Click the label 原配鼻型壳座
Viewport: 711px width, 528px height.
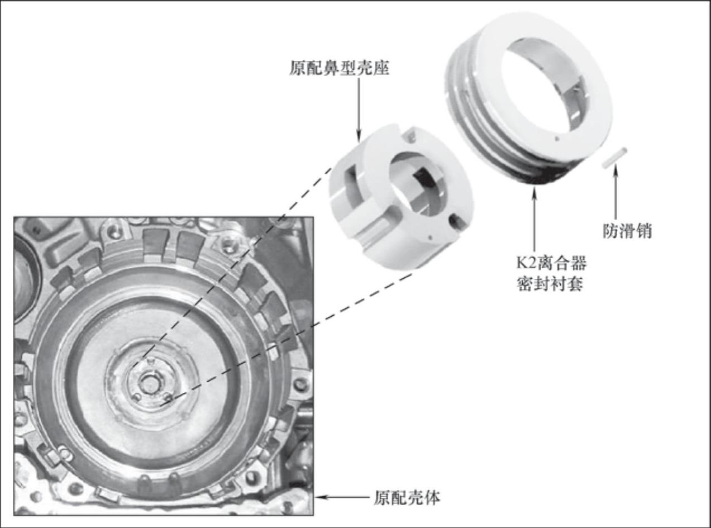click(339, 68)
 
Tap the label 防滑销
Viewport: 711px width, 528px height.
click(627, 231)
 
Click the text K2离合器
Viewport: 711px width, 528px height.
click(551, 263)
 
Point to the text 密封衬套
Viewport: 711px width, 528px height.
click(550, 284)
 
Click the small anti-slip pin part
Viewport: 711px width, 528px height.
click(614, 157)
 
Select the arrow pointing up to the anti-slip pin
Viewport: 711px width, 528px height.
click(615, 194)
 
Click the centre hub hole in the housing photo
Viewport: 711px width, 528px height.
click(149, 382)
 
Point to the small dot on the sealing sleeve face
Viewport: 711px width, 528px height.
click(557, 139)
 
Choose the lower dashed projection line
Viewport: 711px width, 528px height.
click(285, 341)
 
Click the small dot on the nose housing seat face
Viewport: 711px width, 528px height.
click(430, 237)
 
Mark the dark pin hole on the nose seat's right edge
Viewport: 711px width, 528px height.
click(456, 221)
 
